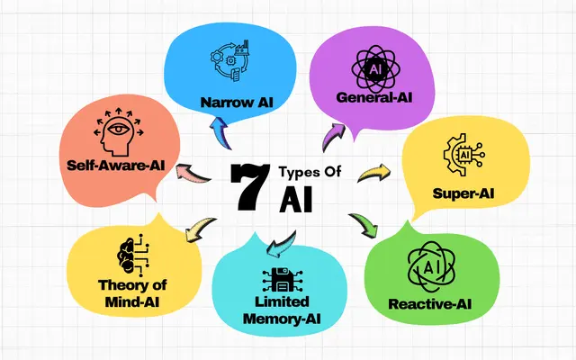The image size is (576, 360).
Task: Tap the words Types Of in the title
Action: pos(310,172)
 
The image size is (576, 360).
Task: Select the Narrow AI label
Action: pos(237,102)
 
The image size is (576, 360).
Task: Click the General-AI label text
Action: pos(374,97)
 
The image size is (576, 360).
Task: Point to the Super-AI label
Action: pos(463,193)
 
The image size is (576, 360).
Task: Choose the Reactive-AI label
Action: pos(430,304)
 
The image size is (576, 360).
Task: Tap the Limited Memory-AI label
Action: pos(282,310)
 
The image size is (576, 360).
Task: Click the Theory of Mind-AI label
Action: pos(132,293)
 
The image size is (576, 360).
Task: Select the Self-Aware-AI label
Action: pos(116,165)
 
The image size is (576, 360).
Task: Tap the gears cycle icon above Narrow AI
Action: pos(230,60)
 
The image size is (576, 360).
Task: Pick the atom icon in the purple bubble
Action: pos(374,69)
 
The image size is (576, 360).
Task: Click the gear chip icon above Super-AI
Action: pos(464,155)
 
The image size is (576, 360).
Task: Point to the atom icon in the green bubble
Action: pos(431,268)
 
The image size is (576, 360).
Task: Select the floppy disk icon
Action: pos(283,280)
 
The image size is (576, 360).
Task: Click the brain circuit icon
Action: pos(133,256)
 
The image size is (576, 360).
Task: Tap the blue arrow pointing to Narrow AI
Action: pos(220,131)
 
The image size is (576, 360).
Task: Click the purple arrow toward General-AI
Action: pos(332,137)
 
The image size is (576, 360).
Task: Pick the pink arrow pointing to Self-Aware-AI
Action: pos(192,172)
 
